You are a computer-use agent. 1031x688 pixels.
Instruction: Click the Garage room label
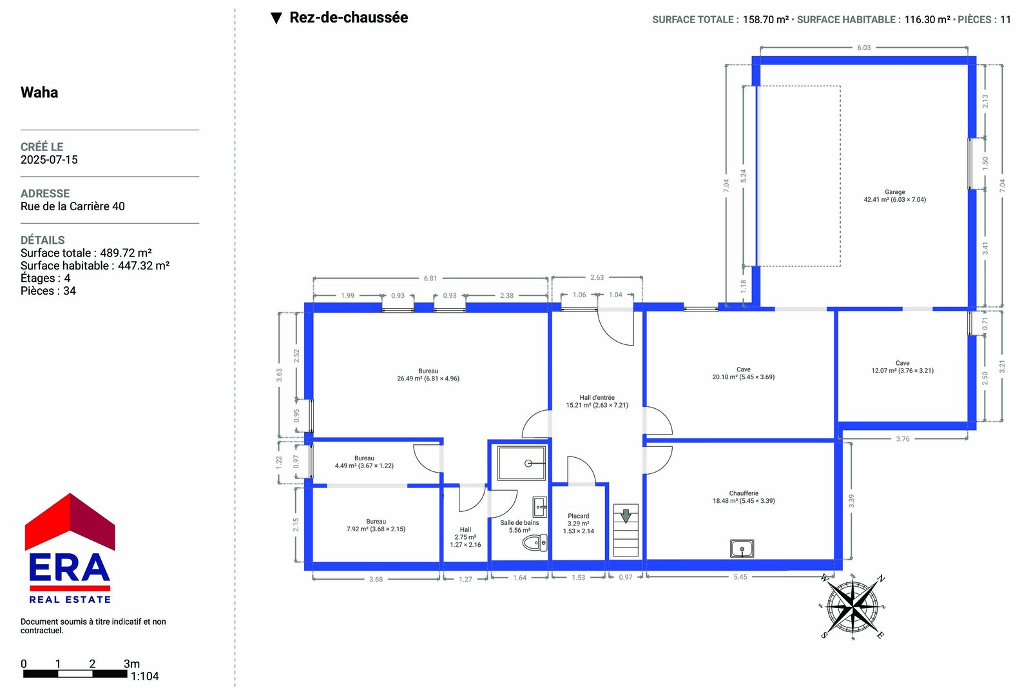[895, 196]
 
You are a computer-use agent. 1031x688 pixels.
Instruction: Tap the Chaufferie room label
[744, 497]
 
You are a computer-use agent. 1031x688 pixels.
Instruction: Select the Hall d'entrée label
[597, 401]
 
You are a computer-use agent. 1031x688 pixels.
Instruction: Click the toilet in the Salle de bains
[535, 542]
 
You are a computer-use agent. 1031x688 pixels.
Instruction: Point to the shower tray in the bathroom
[521, 463]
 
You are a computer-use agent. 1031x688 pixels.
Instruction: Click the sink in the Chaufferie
[742, 549]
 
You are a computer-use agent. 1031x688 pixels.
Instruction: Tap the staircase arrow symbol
[626, 516]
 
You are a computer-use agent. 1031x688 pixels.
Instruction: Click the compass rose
[853, 607]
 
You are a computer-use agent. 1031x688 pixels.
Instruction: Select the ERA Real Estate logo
[70, 548]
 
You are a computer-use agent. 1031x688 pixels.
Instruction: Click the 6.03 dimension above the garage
[864, 48]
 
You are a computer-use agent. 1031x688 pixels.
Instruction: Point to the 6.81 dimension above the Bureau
[430, 278]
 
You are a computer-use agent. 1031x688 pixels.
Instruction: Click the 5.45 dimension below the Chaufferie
[740, 576]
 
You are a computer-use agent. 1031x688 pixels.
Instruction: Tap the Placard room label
[579, 524]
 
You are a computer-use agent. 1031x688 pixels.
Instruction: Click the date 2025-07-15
[49, 160]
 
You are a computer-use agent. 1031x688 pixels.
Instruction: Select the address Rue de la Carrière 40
[73, 206]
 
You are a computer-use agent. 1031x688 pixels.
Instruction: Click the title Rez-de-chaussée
[349, 17]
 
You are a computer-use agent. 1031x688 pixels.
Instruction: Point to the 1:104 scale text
[144, 676]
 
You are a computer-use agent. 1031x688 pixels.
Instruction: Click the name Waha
[39, 93]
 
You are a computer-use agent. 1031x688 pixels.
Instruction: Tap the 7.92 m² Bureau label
[376, 526]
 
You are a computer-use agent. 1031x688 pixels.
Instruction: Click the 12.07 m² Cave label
[903, 366]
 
